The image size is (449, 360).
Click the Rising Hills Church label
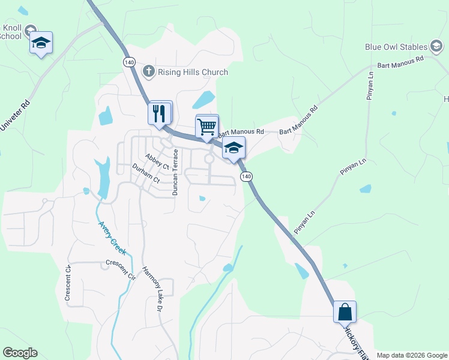pyautogui.click(x=193, y=73)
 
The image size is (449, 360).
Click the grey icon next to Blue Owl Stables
pyautogui.click(x=437, y=46)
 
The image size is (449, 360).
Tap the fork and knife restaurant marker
pyautogui.click(x=160, y=112)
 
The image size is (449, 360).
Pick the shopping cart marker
pyautogui.click(x=207, y=127)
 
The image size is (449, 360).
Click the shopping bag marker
pyautogui.click(x=345, y=313)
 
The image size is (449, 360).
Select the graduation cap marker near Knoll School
pyautogui.click(x=41, y=43)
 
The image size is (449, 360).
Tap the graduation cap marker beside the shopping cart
pyautogui.click(x=234, y=148)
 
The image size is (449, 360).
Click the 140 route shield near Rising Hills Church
pyautogui.click(x=129, y=62)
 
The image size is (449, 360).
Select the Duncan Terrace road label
pyautogui.click(x=175, y=172)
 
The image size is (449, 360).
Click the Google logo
pyautogui.click(x=20, y=353)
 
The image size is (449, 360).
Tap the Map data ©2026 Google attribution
pyautogui.click(x=412, y=355)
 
